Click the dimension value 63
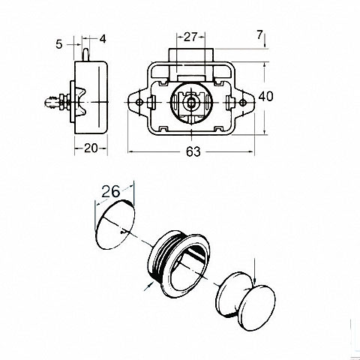tap(193, 151)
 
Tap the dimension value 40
tap(265, 97)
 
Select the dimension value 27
tap(190, 37)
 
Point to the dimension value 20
tap(91, 148)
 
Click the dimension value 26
tap(110, 192)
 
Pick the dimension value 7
tap(259, 34)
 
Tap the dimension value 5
tap(58, 44)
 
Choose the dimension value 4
tap(103, 39)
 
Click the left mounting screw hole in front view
tap(139, 102)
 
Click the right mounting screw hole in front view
tap(242, 102)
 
